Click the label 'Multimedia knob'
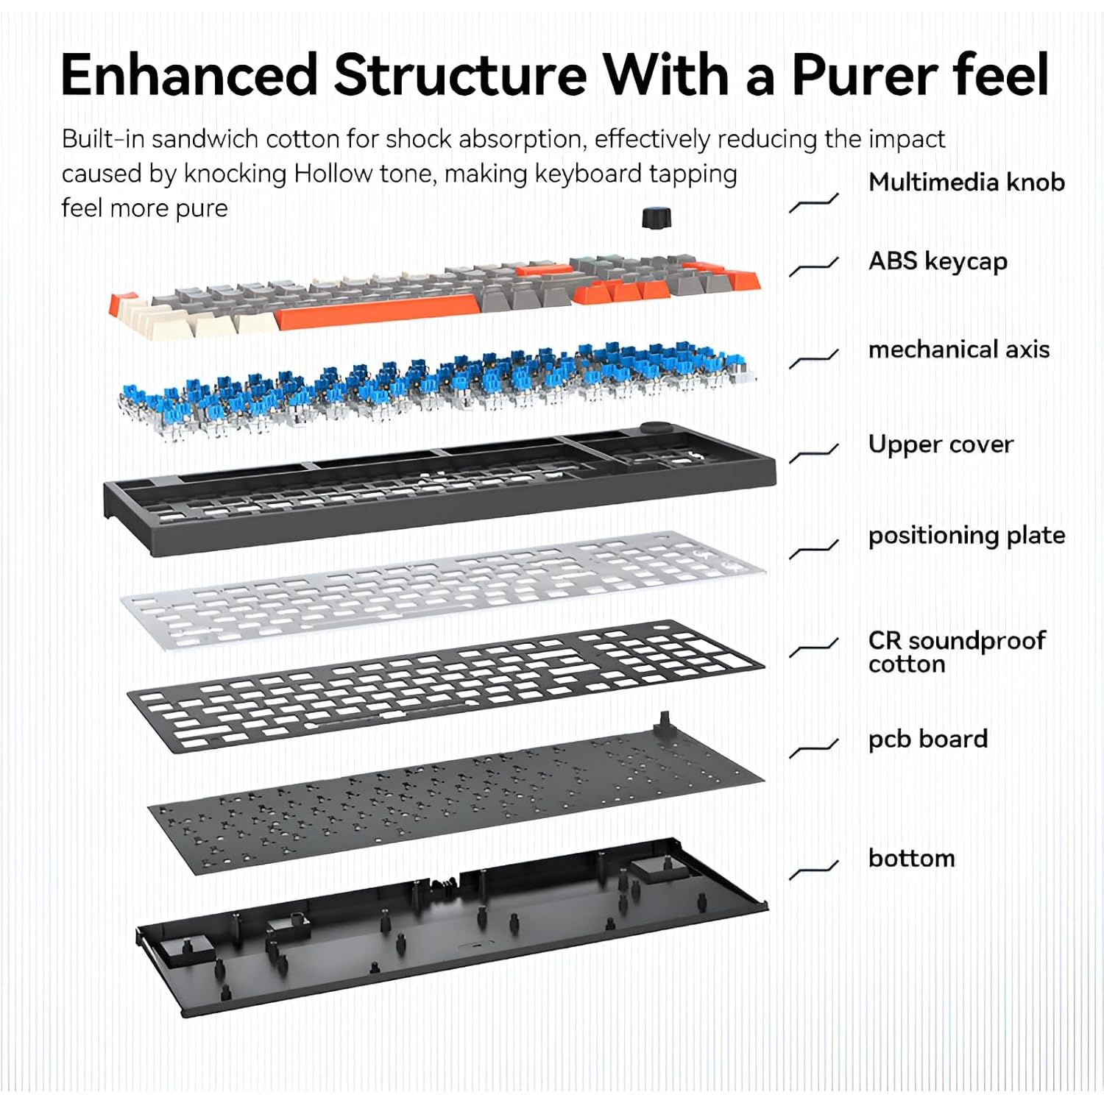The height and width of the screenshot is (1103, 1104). point(966,182)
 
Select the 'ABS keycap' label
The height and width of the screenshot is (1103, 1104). point(938,262)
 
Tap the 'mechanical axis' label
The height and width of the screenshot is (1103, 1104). point(959,349)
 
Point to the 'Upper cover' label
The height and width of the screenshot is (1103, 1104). point(941,444)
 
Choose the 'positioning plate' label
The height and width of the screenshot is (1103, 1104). point(966,536)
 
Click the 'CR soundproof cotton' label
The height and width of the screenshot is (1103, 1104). point(957,652)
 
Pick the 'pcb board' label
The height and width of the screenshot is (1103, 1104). point(928,740)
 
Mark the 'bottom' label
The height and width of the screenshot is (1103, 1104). point(911,858)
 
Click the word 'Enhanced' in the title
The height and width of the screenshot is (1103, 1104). point(190,75)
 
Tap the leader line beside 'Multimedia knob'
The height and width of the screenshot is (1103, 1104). point(814,202)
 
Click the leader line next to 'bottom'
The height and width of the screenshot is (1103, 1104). point(814,869)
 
